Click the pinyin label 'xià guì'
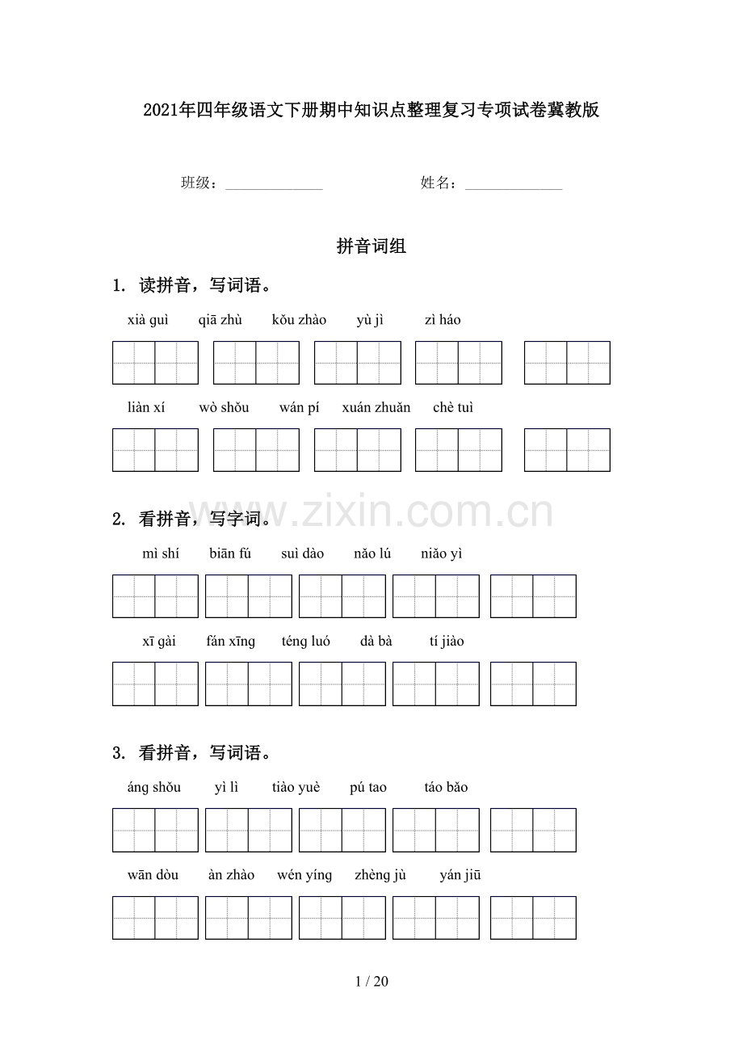pos(148,320)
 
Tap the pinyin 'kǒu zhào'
pos(299,320)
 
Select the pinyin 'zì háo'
pos(443,320)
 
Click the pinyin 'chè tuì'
pos(453,408)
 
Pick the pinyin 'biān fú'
pos(230,553)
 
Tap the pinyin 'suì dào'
pos(302,553)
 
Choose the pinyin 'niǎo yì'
pos(441,553)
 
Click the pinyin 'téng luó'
pos(305,642)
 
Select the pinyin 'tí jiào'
pos(447,642)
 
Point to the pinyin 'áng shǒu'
pos(153,788)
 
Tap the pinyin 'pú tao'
pos(367,788)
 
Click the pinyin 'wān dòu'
pos(153,875)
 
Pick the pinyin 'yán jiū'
pos(460,875)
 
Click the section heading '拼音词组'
pos(371,247)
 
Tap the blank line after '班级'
pos(274,186)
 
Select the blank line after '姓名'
pos(514,186)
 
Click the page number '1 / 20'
pos(371,982)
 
